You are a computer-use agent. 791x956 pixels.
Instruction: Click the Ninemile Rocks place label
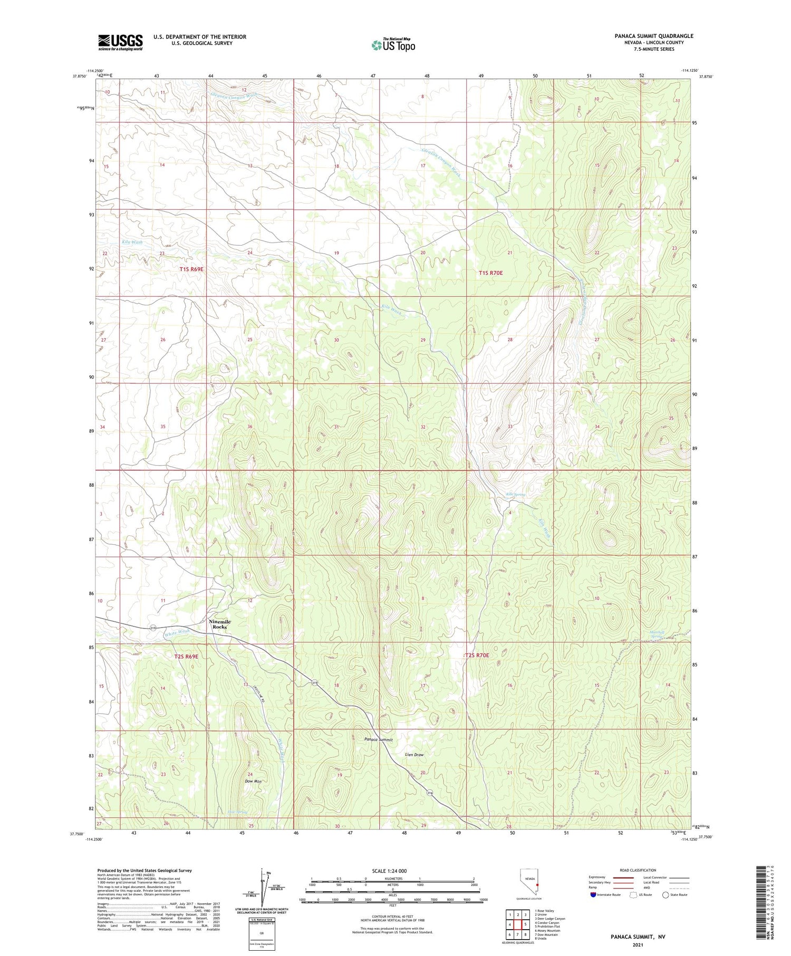(x=219, y=624)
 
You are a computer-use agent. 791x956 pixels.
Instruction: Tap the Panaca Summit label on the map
(x=378, y=740)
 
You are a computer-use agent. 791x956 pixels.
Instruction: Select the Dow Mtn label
(x=238, y=781)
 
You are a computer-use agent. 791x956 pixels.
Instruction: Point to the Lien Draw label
(x=414, y=755)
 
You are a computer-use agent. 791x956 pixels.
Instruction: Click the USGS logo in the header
(x=120, y=42)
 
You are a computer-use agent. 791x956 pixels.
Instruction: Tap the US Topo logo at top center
(x=393, y=45)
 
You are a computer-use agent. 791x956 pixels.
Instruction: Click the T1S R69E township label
(x=191, y=269)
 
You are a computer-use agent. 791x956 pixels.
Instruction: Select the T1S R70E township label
(x=490, y=273)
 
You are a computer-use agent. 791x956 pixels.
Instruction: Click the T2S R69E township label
(x=186, y=656)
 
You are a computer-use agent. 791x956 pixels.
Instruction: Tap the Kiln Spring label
(x=515, y=495)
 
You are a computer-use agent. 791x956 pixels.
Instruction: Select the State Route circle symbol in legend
(x=665, y=895)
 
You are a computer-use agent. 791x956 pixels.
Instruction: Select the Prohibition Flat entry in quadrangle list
(x=548, y=926)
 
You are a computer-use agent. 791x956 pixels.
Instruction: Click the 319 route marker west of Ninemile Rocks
(x=153, y=628)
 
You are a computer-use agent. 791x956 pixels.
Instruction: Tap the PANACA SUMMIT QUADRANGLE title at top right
(x=647, y=36)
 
